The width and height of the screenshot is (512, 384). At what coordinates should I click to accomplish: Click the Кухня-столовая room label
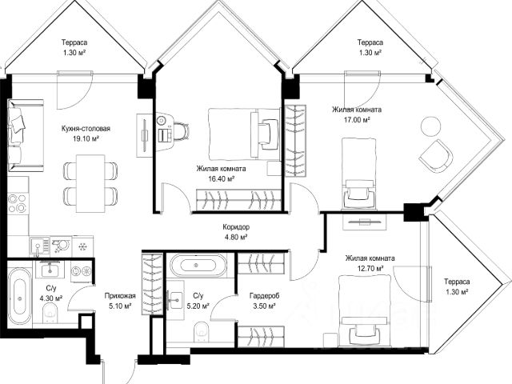[x=86, y=129]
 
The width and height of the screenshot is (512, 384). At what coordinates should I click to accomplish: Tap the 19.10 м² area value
[x=86, y=138]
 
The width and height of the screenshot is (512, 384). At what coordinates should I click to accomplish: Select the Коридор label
[x=236, y=226]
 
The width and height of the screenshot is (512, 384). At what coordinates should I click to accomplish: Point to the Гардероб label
[x=265, y=296]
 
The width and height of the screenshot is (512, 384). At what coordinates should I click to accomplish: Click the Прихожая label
[x=120, y=296]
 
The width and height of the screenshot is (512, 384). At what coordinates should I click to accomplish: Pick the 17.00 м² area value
[x=357, y=120]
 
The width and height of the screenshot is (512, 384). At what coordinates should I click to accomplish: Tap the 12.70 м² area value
[x=370, y=269]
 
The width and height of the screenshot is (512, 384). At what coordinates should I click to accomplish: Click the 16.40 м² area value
[x=222, y=179]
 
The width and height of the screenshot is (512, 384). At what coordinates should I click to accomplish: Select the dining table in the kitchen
[x=90, y=183]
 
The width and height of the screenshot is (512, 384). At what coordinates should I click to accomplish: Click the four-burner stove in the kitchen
[x=17, y=202]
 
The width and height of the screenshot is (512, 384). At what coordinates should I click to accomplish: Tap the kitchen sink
[x=39, y=246]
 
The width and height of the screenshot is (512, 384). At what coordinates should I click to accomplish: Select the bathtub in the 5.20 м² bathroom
[x=198, y=265]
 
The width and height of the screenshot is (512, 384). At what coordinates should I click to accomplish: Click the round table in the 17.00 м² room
[x=430, y=126]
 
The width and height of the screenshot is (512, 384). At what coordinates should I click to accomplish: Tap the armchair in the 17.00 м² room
[x=436, y=156]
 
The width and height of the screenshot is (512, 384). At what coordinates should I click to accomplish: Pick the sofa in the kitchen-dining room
[x=26, y=135]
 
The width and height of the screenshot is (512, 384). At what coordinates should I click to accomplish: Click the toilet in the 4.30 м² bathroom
[x=50, y=313]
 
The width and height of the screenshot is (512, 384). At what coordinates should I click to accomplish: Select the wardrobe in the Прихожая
[x=152, y=285]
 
